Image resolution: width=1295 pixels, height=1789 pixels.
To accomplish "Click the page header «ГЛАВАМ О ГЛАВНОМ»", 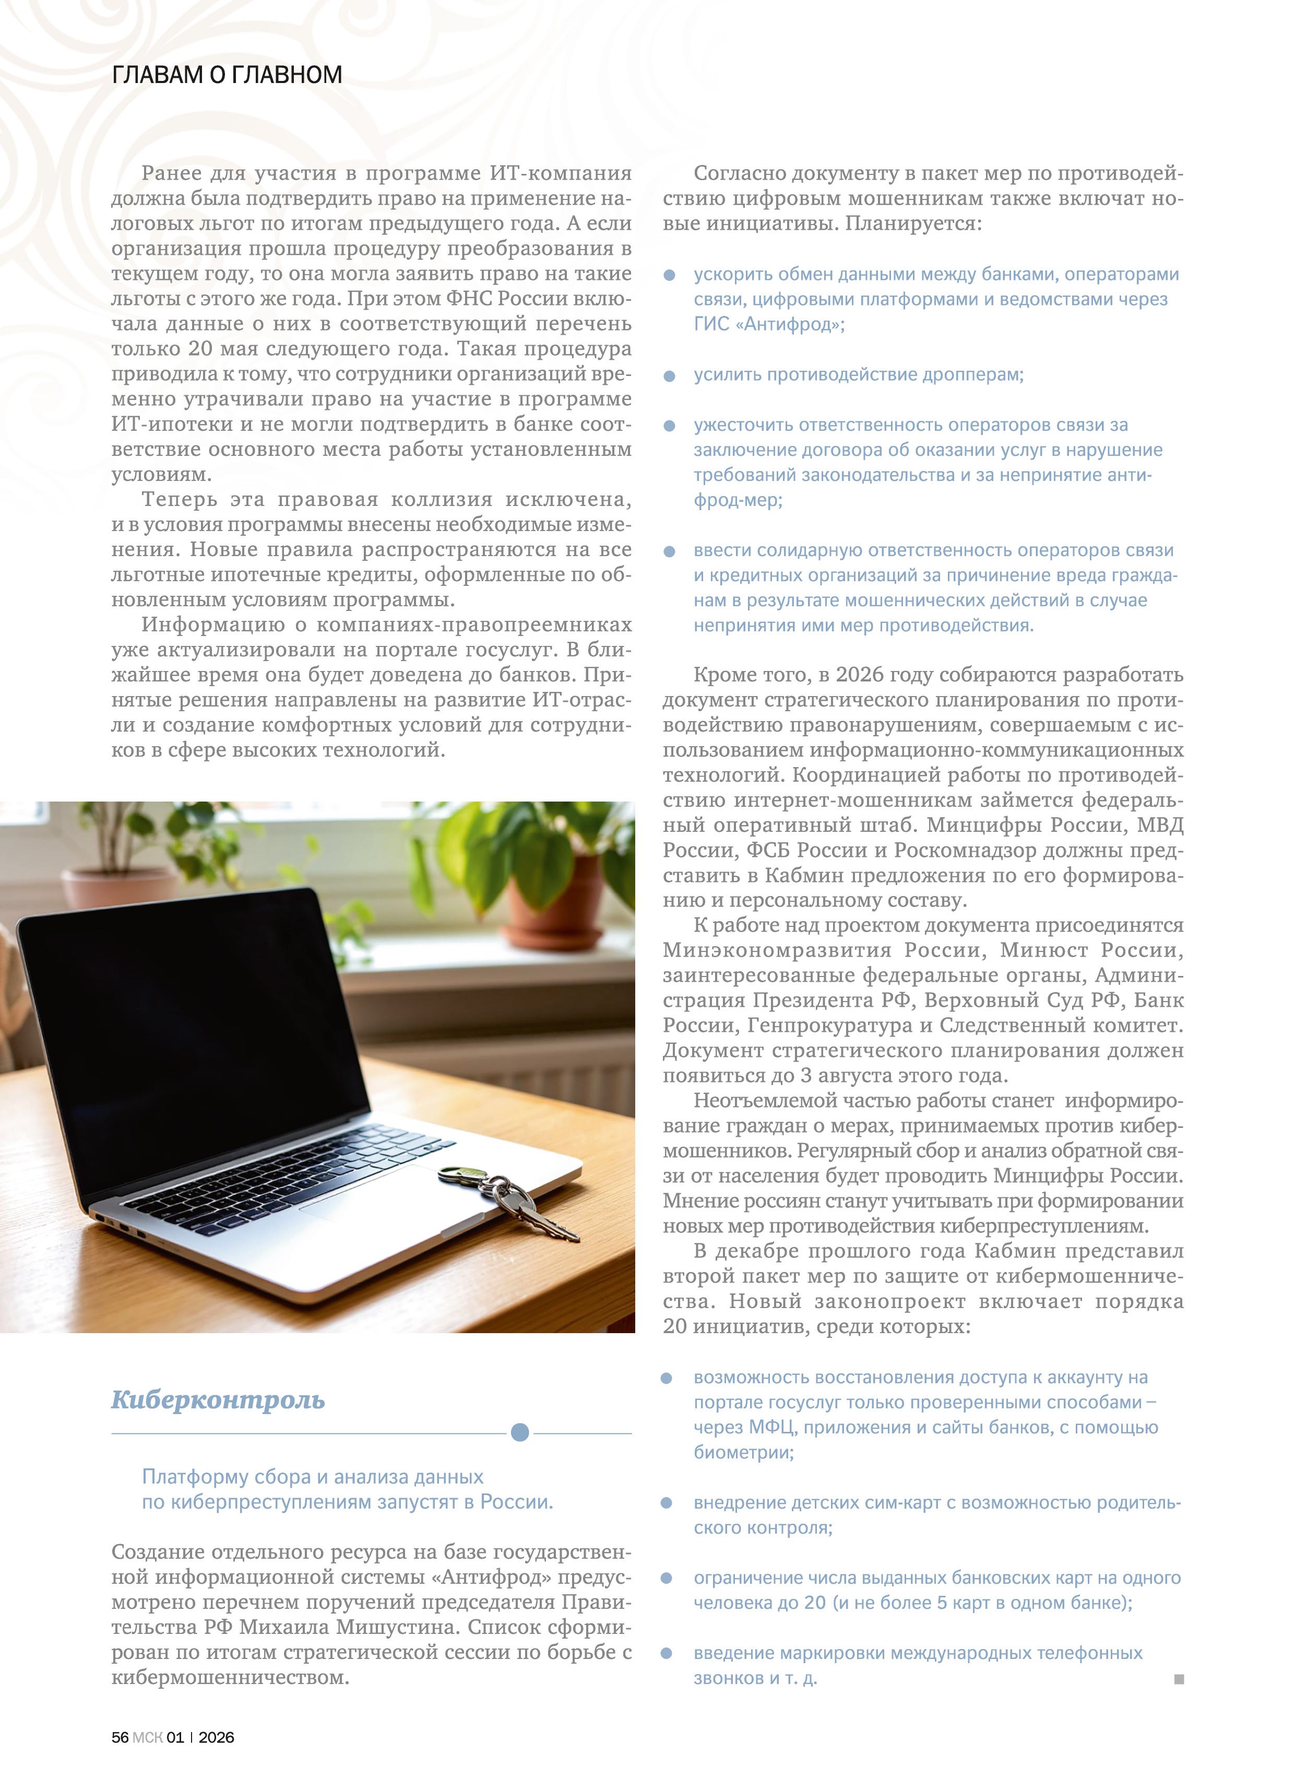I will (227, 75).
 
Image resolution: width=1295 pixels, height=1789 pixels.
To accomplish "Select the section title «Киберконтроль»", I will (218, 1399).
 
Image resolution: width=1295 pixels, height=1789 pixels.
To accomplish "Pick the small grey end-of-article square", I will (1178, 1679).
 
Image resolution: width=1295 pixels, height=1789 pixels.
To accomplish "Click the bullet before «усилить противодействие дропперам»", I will (670, 375).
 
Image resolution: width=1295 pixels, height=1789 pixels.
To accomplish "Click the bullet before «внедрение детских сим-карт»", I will (667, 1503).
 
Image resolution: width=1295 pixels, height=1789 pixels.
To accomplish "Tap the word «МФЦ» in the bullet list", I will (772, 1428).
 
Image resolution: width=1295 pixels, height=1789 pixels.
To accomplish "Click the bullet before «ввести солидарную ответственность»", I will (670, 551).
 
